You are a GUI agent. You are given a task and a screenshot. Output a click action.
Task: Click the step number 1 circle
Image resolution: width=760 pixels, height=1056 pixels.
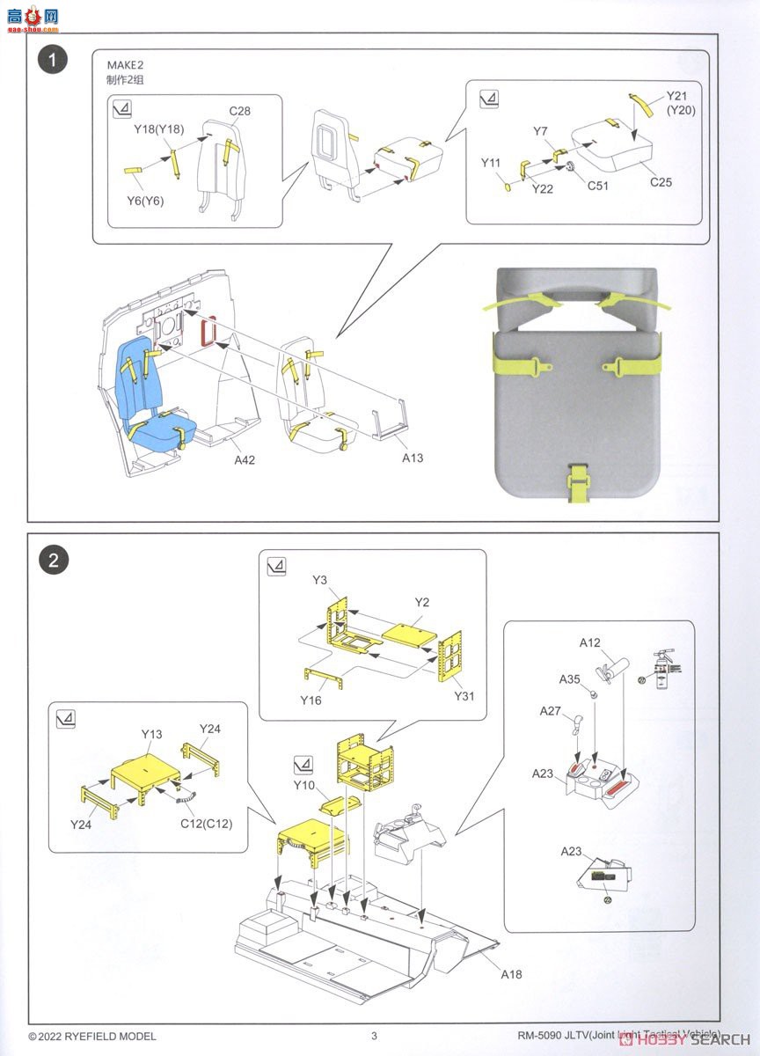click(54, 61)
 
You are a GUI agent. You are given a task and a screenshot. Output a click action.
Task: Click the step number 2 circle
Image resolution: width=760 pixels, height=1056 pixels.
click(54, 560)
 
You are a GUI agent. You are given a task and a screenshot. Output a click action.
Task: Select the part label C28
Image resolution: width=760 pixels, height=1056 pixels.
click(240, 111)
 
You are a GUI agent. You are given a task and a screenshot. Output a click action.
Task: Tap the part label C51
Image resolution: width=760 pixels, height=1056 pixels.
click(597, 186)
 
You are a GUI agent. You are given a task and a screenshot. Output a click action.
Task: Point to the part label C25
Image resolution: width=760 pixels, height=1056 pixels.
click(661, 182)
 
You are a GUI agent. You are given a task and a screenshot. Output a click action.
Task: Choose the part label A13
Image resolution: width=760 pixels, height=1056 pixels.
click(413, 458)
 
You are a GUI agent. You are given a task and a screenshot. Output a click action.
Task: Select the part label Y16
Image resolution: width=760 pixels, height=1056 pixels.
click(311, 700)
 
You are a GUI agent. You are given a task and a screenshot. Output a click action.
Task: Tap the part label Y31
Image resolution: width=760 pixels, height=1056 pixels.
click(464, 695)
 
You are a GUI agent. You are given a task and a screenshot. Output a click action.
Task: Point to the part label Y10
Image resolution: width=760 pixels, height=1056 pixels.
click(304, 785)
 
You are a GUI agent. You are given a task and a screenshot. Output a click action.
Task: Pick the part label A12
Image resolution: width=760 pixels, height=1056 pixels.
click(589, 643)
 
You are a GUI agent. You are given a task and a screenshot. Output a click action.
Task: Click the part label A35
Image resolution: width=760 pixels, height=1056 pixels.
click(570, 679)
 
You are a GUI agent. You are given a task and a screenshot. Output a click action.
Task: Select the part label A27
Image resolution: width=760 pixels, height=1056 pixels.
click(551, 710)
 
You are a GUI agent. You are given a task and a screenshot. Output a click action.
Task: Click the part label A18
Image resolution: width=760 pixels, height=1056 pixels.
click(513, 974)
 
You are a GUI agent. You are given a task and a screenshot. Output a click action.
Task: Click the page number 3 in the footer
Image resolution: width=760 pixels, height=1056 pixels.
click(374, 1036)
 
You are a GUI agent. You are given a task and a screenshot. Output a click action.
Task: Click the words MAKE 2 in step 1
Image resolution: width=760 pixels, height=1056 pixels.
click(125, 65)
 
